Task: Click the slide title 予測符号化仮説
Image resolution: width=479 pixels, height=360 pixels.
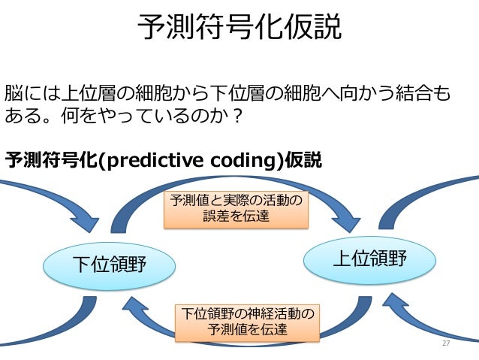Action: pyautogui.click(x=239, y=29)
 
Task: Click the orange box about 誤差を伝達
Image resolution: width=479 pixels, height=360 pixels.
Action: pyautogui.click(x=236, y=208)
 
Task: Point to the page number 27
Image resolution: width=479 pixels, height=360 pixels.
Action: pyautogui.click(x=446, y=343)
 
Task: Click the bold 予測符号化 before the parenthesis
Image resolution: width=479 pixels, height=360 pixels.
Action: pyautogui.click(x=51, y=160)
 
